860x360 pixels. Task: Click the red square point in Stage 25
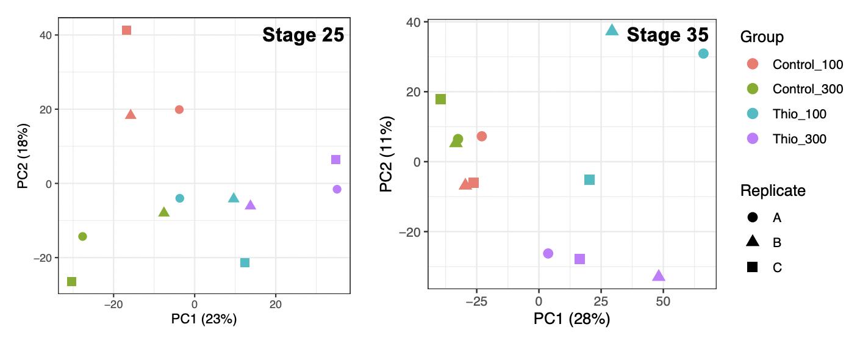(x=126, y=30)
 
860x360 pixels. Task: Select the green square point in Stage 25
(x=71, y=281)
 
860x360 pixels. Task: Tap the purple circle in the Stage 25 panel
(x=337, y=189)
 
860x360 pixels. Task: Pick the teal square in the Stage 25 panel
(x=245, y=262)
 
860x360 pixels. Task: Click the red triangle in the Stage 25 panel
(x=131, y=115)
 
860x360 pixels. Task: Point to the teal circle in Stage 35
(x=703, y=54)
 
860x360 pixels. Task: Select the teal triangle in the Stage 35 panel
(x=612, y=30)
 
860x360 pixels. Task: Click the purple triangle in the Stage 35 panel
(x=659, y=276)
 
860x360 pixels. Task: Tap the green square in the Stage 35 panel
(x=440, y=99)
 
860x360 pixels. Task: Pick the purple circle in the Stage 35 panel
(x=548, y=253)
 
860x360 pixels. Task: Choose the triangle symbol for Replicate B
(x=753, y=242)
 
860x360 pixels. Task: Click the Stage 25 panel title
(x=303, y=35)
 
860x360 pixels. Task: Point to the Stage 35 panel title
(x=667, y=35)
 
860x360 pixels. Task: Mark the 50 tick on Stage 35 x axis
(x=663, y=301)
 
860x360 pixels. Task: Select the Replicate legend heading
(x=773, y=190)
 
